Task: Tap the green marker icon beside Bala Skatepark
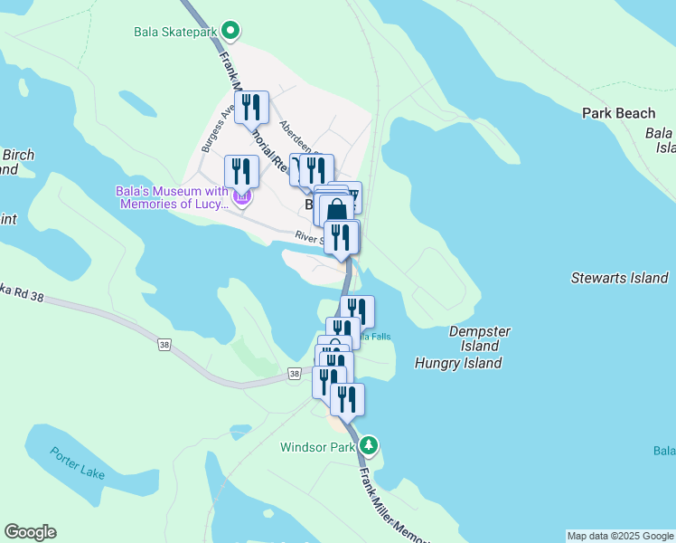(230, 32)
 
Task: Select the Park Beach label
(618, 113)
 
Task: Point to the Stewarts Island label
(620, 278)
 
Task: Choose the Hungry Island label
(457, 363)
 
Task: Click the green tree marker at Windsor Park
(369, 445)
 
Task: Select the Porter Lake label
(78, 462)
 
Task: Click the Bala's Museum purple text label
(172, 197)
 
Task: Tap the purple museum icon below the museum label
(240, 197)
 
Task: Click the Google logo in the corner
(30, 532)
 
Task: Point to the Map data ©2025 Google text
(620, 536)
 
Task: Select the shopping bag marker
(336, 211)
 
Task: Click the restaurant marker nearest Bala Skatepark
(251, 109)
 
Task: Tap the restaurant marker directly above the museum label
(241, 171)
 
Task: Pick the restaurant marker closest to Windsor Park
(347, 399)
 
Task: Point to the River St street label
(308, 237)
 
